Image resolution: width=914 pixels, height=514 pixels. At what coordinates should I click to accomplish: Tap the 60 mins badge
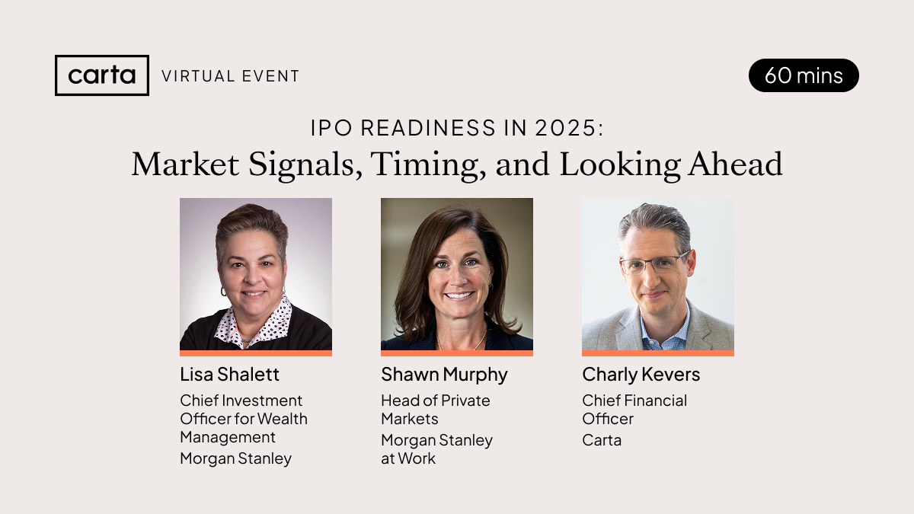tap(804, 75)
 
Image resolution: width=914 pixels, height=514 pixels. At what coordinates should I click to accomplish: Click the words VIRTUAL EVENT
tap(231, 76)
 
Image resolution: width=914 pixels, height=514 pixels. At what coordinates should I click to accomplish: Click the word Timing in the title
tap(428, 164)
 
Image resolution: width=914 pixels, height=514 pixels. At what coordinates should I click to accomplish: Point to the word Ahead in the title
tap(735, 164)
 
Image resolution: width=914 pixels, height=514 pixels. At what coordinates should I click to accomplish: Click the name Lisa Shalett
tap(230, 375)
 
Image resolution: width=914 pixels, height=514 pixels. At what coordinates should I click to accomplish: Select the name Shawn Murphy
tap(444, 375)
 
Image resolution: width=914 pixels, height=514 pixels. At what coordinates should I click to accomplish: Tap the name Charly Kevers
tap(641, 375)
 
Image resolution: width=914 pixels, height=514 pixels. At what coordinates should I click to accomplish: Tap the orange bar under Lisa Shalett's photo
tap(256, 353)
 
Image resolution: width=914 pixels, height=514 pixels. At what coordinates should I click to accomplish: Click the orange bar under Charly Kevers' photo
tap(658, 353)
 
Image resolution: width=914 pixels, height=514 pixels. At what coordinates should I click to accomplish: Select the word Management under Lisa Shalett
tap(228, 438)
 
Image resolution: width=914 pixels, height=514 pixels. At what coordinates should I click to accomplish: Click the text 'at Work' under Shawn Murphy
tap(408, 458)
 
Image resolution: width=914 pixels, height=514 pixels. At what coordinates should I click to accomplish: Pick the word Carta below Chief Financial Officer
tap(602, 441)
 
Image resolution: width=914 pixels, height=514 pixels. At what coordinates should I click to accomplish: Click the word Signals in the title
tap(305, 164)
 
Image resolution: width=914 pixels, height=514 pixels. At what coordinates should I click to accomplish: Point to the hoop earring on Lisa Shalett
tap(223, 292)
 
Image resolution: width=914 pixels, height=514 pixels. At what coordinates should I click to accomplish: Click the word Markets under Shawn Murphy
tap(410, 419)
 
